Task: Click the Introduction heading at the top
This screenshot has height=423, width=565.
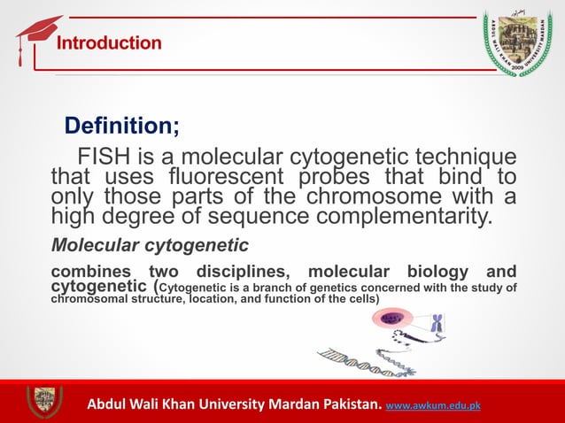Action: click(109, 43)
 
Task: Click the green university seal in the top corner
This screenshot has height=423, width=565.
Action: click(521, 40)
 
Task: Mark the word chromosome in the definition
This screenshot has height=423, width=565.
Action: click(368, 196)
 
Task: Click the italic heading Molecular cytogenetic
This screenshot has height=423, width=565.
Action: click(150, 243)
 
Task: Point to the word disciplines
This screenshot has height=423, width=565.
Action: click(238, 271)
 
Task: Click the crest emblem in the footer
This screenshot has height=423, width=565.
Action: click(43, 401)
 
